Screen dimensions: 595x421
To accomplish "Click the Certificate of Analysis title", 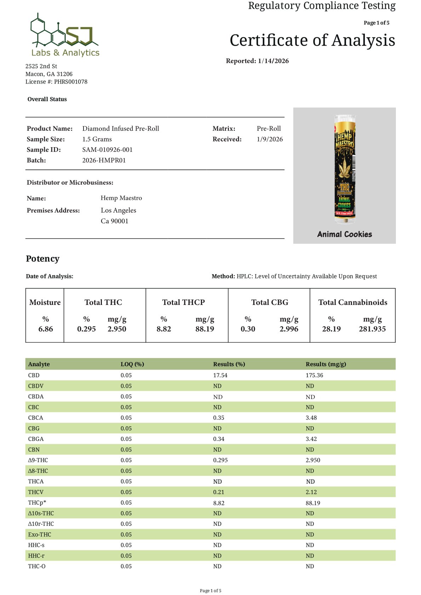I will pos(312,40).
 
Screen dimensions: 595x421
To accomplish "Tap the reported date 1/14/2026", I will pos(273,61).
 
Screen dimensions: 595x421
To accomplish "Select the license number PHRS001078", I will pos(70,82).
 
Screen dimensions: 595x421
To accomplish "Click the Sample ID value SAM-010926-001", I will pos(107,150).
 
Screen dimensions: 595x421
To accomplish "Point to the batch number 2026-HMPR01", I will pos(104,160).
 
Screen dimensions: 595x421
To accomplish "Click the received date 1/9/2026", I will pos(270,139).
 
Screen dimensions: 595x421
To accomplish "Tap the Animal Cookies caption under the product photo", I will pos(345,234).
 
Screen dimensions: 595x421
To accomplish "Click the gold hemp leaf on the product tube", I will pos(344,168).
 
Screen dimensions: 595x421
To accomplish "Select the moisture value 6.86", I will pos(46,329).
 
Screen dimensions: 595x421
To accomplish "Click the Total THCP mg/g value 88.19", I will pos(204,329).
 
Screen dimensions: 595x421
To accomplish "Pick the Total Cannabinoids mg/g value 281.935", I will pos(372,329).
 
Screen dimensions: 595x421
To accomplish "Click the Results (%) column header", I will pos(229,364).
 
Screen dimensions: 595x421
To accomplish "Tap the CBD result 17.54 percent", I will pos(220,375).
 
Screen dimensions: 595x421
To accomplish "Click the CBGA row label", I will pos(36,439).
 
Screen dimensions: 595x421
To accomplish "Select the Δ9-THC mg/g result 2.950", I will pos(313,460).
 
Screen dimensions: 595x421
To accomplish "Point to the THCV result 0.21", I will pos(219,492).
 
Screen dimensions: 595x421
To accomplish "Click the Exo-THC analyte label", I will pos(40,535).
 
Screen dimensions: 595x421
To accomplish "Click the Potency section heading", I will pos(42,259).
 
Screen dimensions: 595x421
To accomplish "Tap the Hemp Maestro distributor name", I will pos(121,198).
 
